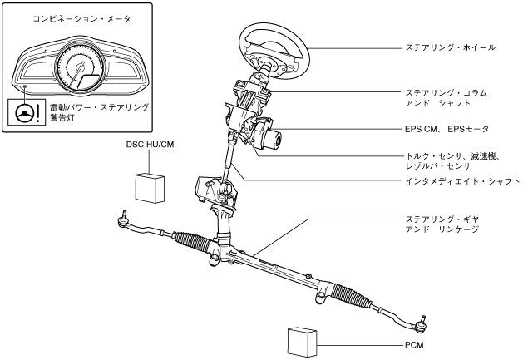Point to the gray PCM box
pyautogui.click(x=303, y=341)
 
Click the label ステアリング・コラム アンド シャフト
pyautogui.click(x=444, y=97)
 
